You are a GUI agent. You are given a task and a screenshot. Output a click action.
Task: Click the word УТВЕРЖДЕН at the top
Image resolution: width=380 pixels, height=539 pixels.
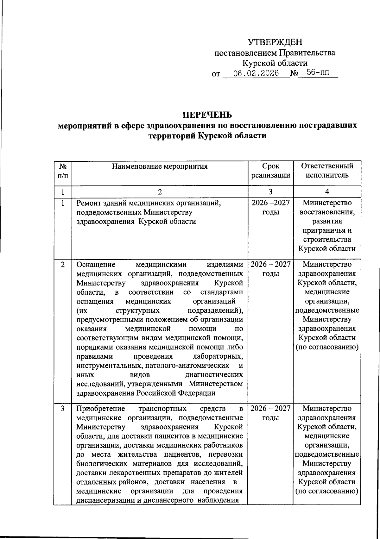275,42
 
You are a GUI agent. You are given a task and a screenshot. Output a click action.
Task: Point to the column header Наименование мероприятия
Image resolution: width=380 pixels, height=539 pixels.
160,166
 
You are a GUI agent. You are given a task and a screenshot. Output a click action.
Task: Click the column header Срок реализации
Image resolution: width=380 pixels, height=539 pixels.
270,171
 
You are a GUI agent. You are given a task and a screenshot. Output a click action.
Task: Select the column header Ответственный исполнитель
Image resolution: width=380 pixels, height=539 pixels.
327,171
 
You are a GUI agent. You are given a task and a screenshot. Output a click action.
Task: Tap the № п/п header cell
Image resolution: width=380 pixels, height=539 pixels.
63,171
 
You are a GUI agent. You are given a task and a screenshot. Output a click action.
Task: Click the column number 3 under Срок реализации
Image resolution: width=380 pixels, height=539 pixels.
270,192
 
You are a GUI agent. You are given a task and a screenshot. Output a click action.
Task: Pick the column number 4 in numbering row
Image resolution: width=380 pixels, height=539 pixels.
327,192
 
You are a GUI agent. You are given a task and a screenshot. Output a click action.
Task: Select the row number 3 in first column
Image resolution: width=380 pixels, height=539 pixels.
63,409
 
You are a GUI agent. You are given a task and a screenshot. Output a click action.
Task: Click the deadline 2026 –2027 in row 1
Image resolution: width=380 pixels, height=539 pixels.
270,203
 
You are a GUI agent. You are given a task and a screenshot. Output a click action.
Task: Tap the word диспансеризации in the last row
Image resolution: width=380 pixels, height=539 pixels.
106,500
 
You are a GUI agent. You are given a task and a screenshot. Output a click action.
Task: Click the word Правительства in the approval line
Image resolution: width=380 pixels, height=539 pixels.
307,53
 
